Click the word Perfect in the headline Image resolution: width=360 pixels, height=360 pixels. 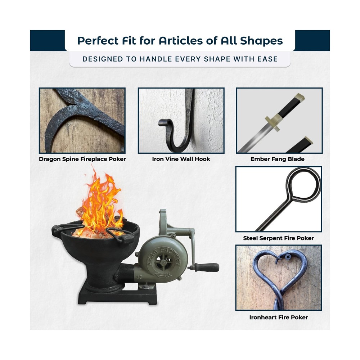tap(98, 41)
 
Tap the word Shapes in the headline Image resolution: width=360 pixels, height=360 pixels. tap(261, 41)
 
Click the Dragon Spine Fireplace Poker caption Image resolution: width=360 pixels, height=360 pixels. tap(82, 159)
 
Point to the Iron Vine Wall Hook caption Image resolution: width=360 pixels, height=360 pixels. tap(181, 159)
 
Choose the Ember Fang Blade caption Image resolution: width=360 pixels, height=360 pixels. tap(277, 159)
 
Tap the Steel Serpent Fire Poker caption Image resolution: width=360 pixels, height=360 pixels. tap(278, 238)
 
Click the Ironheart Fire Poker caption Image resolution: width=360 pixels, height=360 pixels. tap(279, 317)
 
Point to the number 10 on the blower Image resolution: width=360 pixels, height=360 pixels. tap(139, 277)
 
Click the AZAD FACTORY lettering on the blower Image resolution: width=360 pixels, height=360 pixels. tap(163, 255)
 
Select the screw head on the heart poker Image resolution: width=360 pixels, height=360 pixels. tap(288, 257)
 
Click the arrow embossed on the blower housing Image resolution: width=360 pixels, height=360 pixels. tap(163, 275)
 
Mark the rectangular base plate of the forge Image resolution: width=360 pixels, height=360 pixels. tap(117, 296)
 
